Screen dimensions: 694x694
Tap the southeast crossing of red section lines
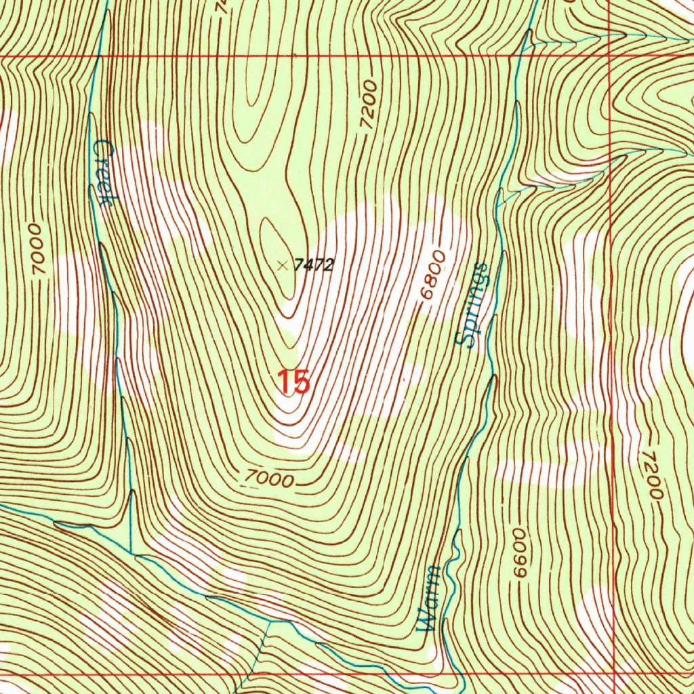tap(613, 675)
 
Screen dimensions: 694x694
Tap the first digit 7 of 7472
tap(299, 265)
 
